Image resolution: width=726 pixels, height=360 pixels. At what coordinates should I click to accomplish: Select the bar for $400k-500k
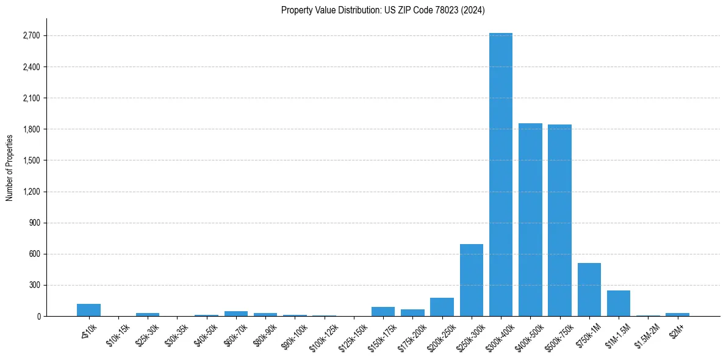click(x=530, y=220)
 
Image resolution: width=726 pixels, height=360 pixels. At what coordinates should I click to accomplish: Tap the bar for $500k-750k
click(x=559, y=220)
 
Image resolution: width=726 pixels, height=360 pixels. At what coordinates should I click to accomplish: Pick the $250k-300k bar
click(x=472, y=280)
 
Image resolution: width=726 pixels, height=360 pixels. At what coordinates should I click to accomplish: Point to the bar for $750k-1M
click(x=589, y=290)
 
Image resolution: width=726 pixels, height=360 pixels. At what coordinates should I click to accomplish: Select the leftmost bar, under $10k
click(x=88, y=310)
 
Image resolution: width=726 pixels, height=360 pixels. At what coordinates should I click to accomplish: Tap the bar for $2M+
click(x=677, y=314)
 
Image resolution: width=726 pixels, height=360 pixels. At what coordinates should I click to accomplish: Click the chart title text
click(x=383, y=10)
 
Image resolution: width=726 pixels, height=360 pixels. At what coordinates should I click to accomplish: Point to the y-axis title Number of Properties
click(x=10, y=167)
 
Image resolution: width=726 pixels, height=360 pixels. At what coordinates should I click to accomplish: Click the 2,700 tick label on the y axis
click(x=31, y=35)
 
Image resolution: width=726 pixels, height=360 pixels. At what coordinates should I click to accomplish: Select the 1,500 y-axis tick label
click(x=31, y=160)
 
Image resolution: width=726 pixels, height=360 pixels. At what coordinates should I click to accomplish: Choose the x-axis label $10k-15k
click(x=118, y=333)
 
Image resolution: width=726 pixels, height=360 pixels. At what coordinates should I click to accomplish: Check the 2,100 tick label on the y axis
click(x=31, y=98)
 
